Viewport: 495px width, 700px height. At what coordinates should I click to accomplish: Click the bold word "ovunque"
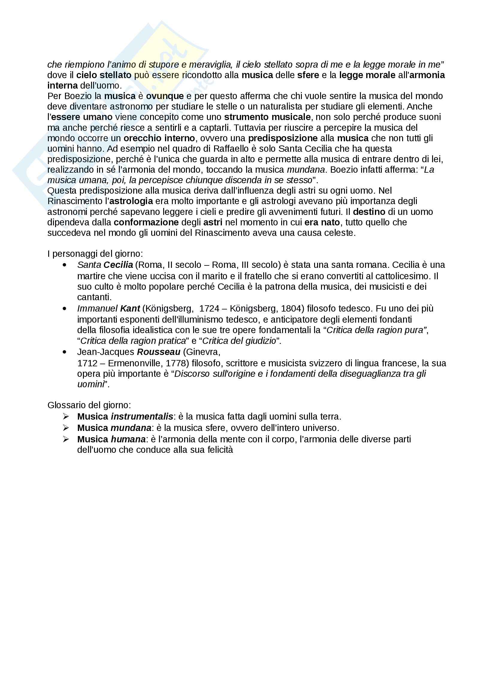click(165, 96)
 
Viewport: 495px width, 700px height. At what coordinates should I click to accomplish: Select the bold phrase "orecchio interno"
click(159, 138)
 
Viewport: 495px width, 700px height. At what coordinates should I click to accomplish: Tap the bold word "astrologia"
click(131, 201)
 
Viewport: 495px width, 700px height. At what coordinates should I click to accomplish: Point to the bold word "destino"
click(369, 212)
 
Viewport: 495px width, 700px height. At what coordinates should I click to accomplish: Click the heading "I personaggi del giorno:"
click(95, 254)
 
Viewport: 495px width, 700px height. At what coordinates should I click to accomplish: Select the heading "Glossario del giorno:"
click(89, 405)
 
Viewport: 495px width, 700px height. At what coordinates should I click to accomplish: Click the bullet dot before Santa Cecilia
click(64, 265)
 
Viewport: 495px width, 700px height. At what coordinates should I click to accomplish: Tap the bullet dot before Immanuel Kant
click(64, 309)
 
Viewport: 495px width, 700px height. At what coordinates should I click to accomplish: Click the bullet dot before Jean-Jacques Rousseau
click(64, 352)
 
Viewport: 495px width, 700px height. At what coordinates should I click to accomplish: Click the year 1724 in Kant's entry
click(209, 309)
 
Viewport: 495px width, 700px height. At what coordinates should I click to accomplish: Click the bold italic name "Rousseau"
click(159, 352)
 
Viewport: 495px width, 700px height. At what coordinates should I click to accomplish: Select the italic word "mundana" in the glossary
click(131, 428)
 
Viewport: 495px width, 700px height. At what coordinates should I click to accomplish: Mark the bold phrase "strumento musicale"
click(267, 117)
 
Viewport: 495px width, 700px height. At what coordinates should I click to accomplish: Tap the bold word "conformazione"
click(146, 222)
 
